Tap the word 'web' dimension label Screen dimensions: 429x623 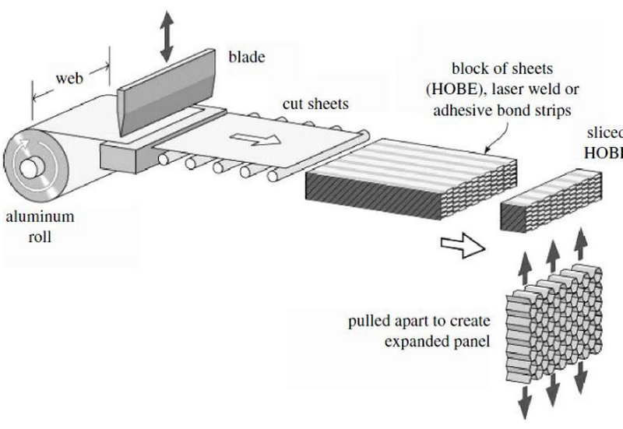(71, 79)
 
